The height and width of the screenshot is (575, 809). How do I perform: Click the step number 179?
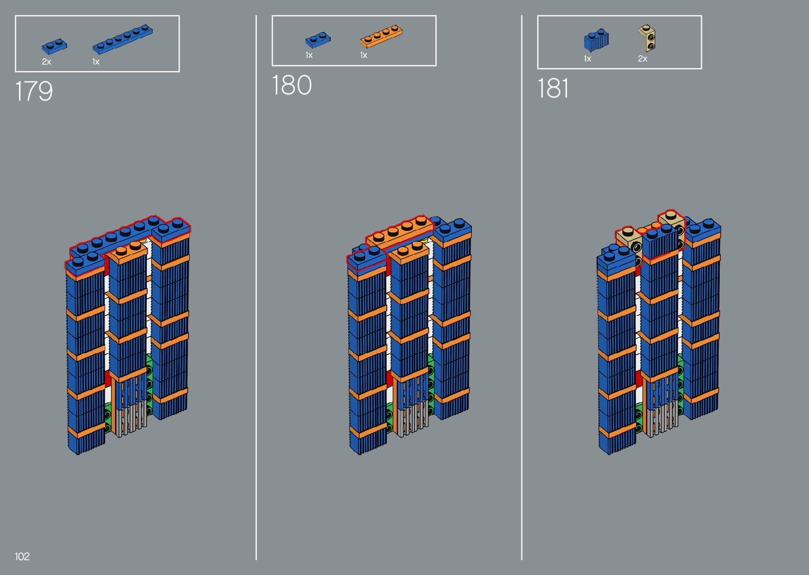click(34, 91)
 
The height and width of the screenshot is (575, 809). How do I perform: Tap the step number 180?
click(292, 86)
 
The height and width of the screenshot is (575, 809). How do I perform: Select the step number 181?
click(553, 88)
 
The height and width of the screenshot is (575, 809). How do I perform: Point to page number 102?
click(22, 557)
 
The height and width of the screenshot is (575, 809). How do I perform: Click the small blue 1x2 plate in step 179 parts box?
click(54, 47)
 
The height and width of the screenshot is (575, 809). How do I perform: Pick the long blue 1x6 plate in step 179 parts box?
click(123, 40)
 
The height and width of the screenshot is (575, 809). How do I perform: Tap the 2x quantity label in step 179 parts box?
click(47, 62)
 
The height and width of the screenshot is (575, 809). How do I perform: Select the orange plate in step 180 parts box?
click(381, 37)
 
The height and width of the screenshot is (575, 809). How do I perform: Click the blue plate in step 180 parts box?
click(318, 40)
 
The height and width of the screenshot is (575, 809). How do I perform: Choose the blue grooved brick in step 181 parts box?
click(596, 41)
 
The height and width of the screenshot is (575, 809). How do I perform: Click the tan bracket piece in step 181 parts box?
click(647, 38)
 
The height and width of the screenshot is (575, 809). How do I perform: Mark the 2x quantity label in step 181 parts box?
click(643, 59)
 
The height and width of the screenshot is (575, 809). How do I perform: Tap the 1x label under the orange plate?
click(364, 55)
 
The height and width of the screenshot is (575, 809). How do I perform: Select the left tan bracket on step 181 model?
click(629, 240)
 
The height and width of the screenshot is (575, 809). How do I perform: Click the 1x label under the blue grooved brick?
click(587, 59)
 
